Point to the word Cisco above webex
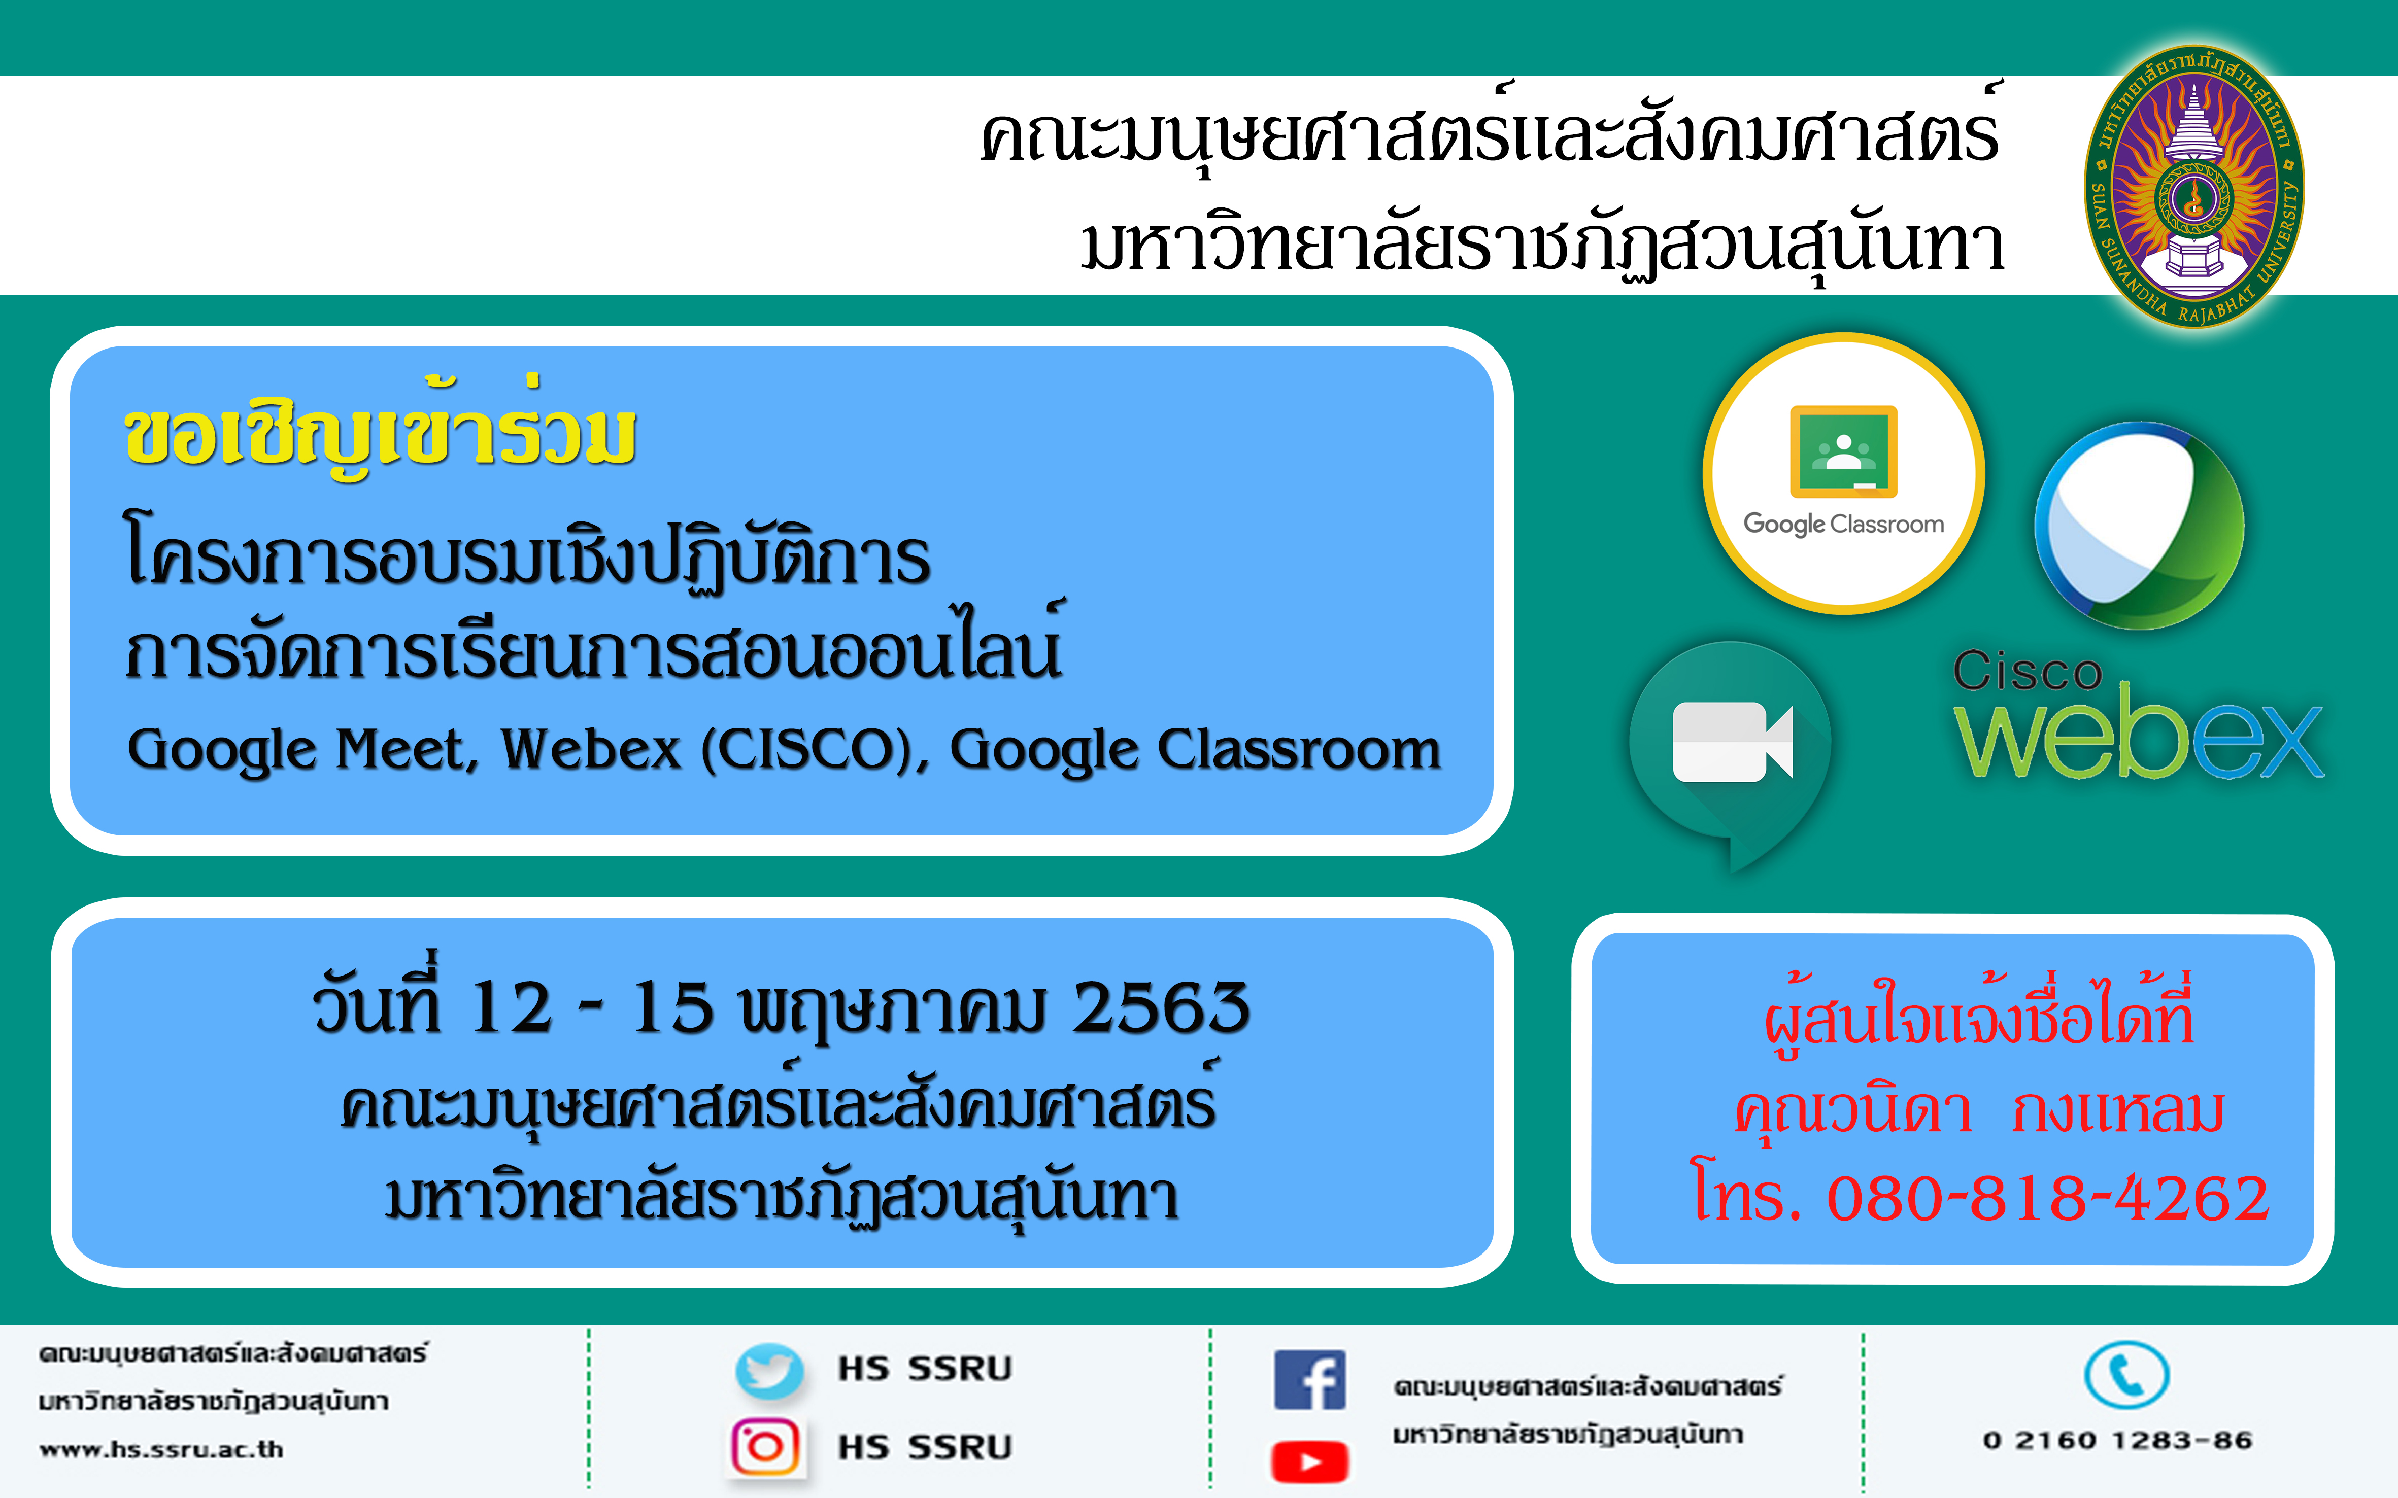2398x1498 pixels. coord(2028,672)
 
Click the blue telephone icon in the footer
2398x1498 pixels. coord(2126,1375)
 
